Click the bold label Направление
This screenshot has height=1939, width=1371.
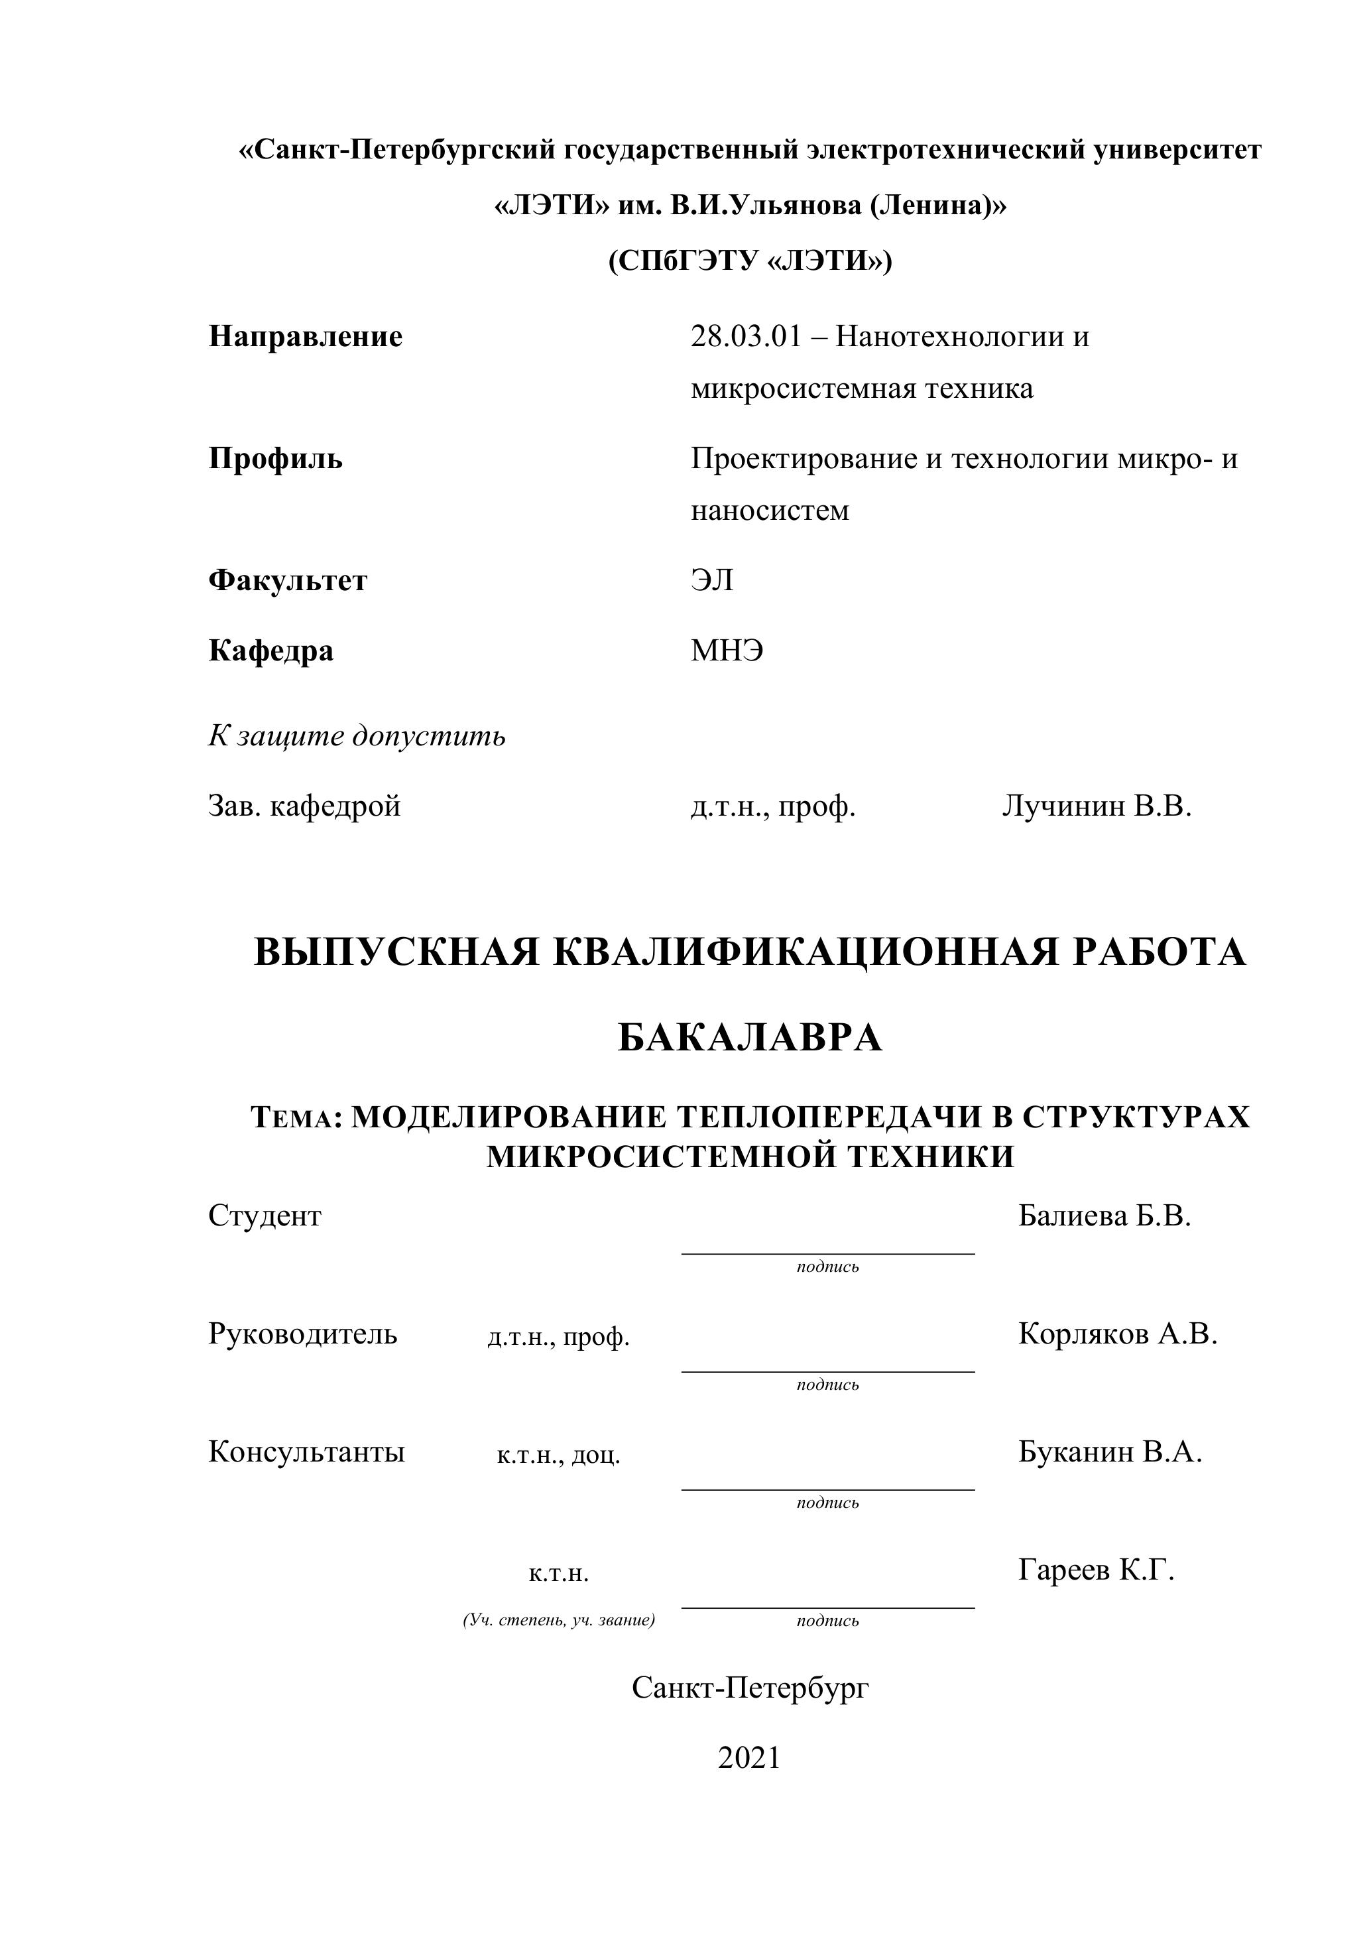click(305, 338)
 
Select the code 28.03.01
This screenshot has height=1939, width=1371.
click(745, 338)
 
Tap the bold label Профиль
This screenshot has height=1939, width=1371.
click(275, 460)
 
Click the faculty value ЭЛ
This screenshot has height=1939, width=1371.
click(711, 581)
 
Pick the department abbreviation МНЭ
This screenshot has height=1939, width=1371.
click(726, 651)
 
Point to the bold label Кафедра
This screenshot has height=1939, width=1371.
click(271, 651)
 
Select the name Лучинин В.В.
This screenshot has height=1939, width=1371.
click(1096, 806)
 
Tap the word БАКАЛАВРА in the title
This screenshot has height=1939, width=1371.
click(750, 1038)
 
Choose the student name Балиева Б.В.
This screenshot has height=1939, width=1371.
click(1104, 1216)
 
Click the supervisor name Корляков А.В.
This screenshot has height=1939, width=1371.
click(1118, 1334)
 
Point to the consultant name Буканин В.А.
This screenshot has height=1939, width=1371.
click(1109, 1452)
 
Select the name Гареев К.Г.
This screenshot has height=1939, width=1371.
click(1096, 1571)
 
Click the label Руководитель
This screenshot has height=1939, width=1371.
click(302, 1334)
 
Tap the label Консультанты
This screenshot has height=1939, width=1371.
click(306, 1452)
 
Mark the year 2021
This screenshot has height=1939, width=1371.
click(749, 1757)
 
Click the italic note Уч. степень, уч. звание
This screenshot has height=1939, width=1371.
click(559, 1621)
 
